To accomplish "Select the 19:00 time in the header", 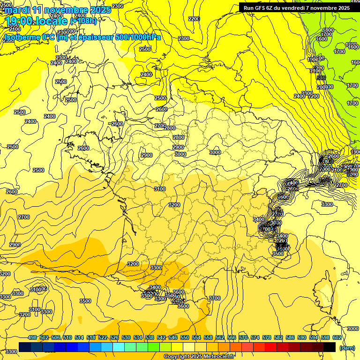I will pos(18,21).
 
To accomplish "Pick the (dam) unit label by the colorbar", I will pos(346,348).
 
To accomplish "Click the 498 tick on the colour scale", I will pos(32,337).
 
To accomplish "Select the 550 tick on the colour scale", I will pos(185,337).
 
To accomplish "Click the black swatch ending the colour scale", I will pos(330,347).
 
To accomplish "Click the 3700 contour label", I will pos(214,298).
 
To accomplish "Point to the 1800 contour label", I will pos(328,30).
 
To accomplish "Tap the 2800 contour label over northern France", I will pos(170,128).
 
